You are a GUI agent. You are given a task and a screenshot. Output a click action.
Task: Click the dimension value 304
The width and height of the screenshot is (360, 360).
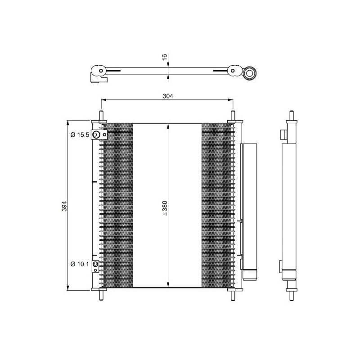(x=167, y=96)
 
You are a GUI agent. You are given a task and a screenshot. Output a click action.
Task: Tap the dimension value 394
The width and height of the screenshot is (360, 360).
(x=64, y=206)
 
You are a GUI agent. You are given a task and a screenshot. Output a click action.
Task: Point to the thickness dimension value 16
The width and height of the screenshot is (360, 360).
(x=165, y=57)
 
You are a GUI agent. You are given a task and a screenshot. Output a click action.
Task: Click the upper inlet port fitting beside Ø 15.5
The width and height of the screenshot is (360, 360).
(x=96, y=135)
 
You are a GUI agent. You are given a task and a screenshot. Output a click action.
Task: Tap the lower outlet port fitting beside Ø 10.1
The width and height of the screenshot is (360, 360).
(x=95, y=266)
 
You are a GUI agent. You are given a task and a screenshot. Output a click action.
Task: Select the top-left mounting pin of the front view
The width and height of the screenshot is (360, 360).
(x=101, y=116)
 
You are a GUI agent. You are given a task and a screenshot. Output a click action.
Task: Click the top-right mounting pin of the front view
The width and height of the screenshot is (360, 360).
(x=233, y=116)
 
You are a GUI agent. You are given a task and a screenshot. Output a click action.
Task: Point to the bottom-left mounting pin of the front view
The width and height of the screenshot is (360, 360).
(x=101, y=294)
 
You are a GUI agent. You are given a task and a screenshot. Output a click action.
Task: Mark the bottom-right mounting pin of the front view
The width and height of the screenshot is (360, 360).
(x=233, y=294)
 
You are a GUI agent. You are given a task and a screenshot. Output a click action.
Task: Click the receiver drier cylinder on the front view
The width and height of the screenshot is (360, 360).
(x=249, y=207)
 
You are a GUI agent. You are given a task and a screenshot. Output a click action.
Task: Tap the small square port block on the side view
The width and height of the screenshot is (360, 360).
(x=283, y=135)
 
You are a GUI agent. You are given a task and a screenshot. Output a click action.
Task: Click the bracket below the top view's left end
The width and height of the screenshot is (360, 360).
(x=99, y=80)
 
